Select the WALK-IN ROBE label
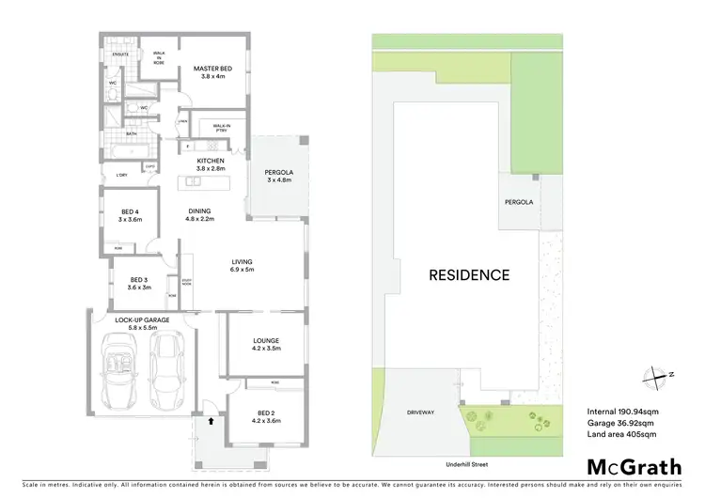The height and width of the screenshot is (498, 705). [159, 58]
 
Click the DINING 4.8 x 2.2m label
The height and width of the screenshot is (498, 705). [199, 214]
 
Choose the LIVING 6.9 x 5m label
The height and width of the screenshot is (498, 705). [243, 265]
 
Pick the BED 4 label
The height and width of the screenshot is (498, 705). [130, 214]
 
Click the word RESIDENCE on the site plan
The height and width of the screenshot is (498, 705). [469, 275]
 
